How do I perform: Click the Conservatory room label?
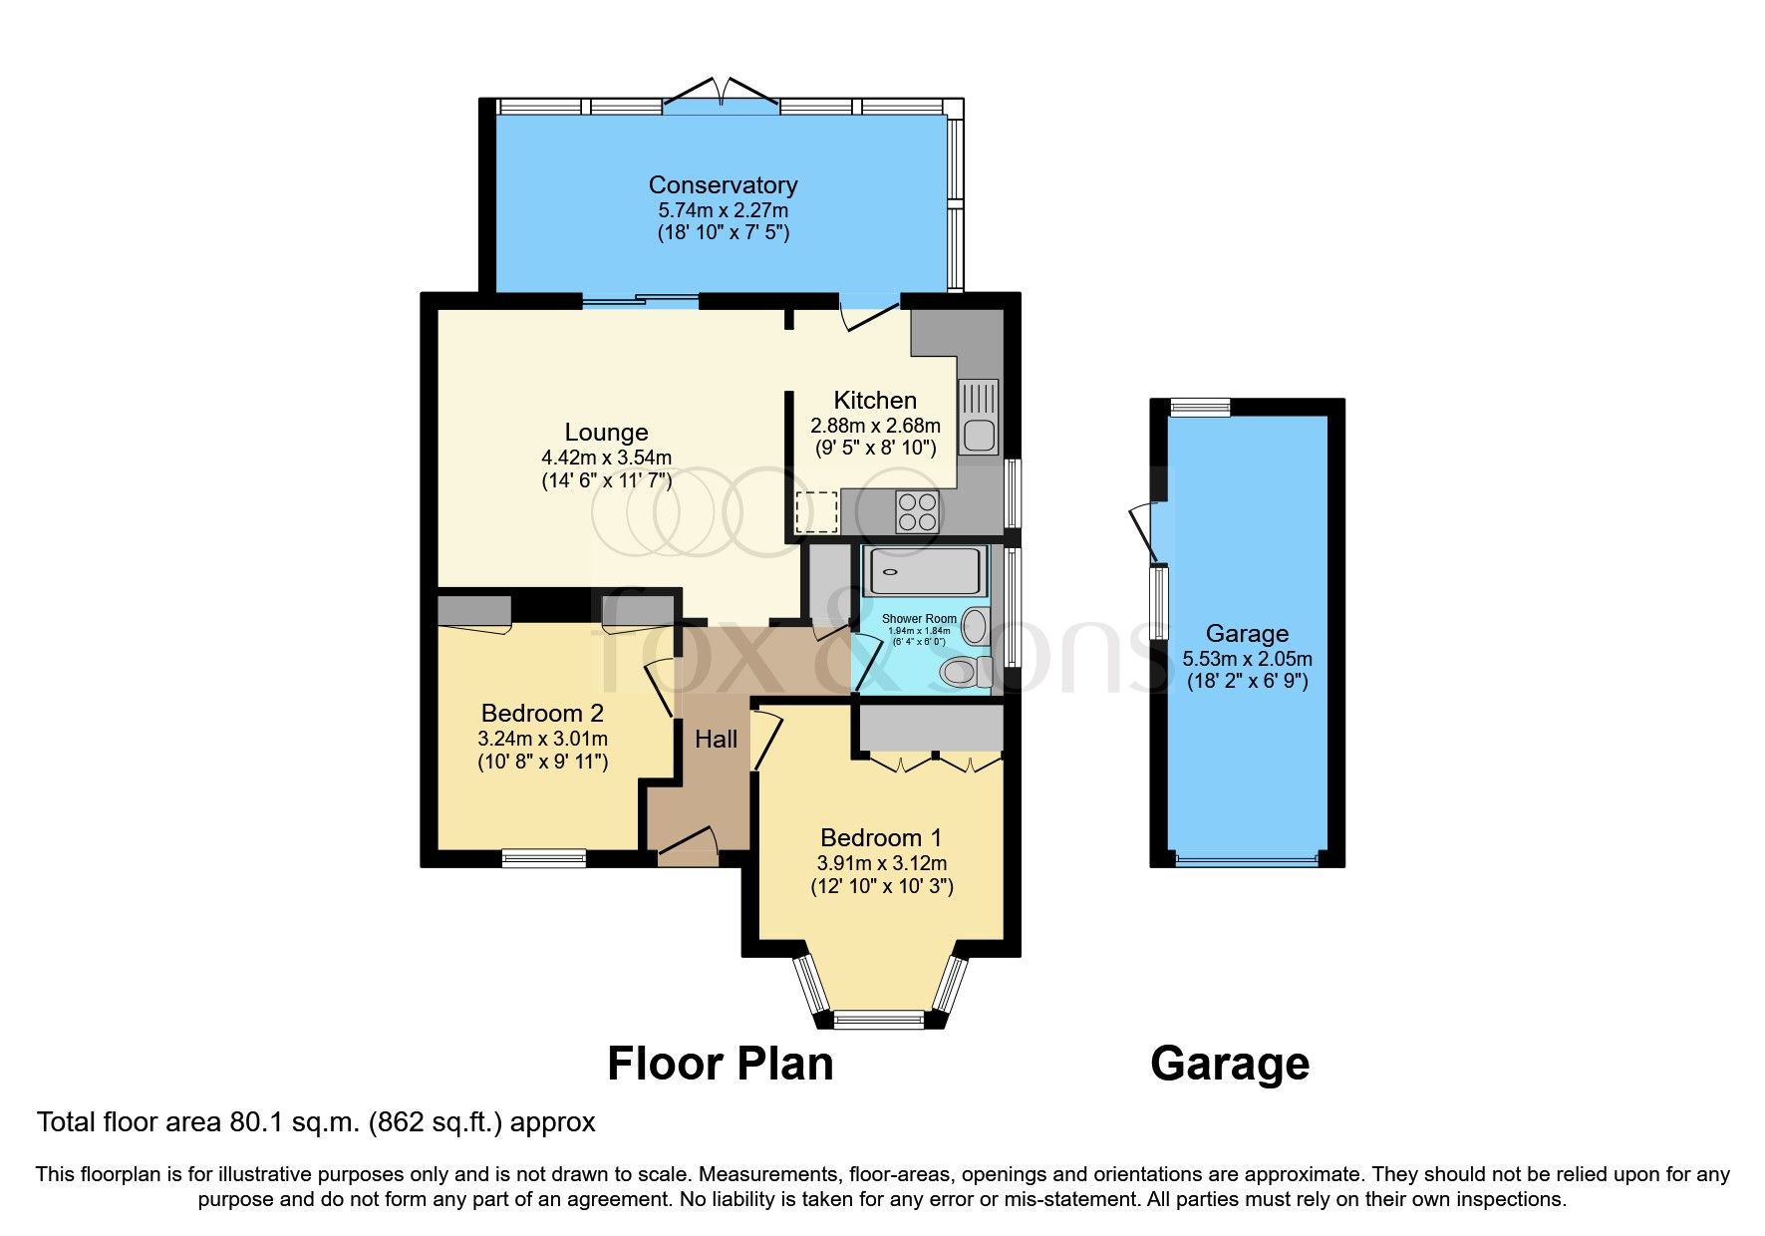723,185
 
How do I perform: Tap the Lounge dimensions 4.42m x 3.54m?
606,458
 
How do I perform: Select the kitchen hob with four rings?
918,512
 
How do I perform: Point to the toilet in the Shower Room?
960,671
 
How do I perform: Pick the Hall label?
716,739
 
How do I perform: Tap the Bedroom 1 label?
880,837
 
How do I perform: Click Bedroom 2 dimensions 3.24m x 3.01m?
542,739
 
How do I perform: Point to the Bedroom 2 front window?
543,857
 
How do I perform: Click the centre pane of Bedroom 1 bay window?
879,1019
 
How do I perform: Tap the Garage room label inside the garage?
1247,633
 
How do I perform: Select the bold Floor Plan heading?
720,1064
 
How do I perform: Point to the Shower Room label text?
918,619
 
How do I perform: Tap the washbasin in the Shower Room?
975,627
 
